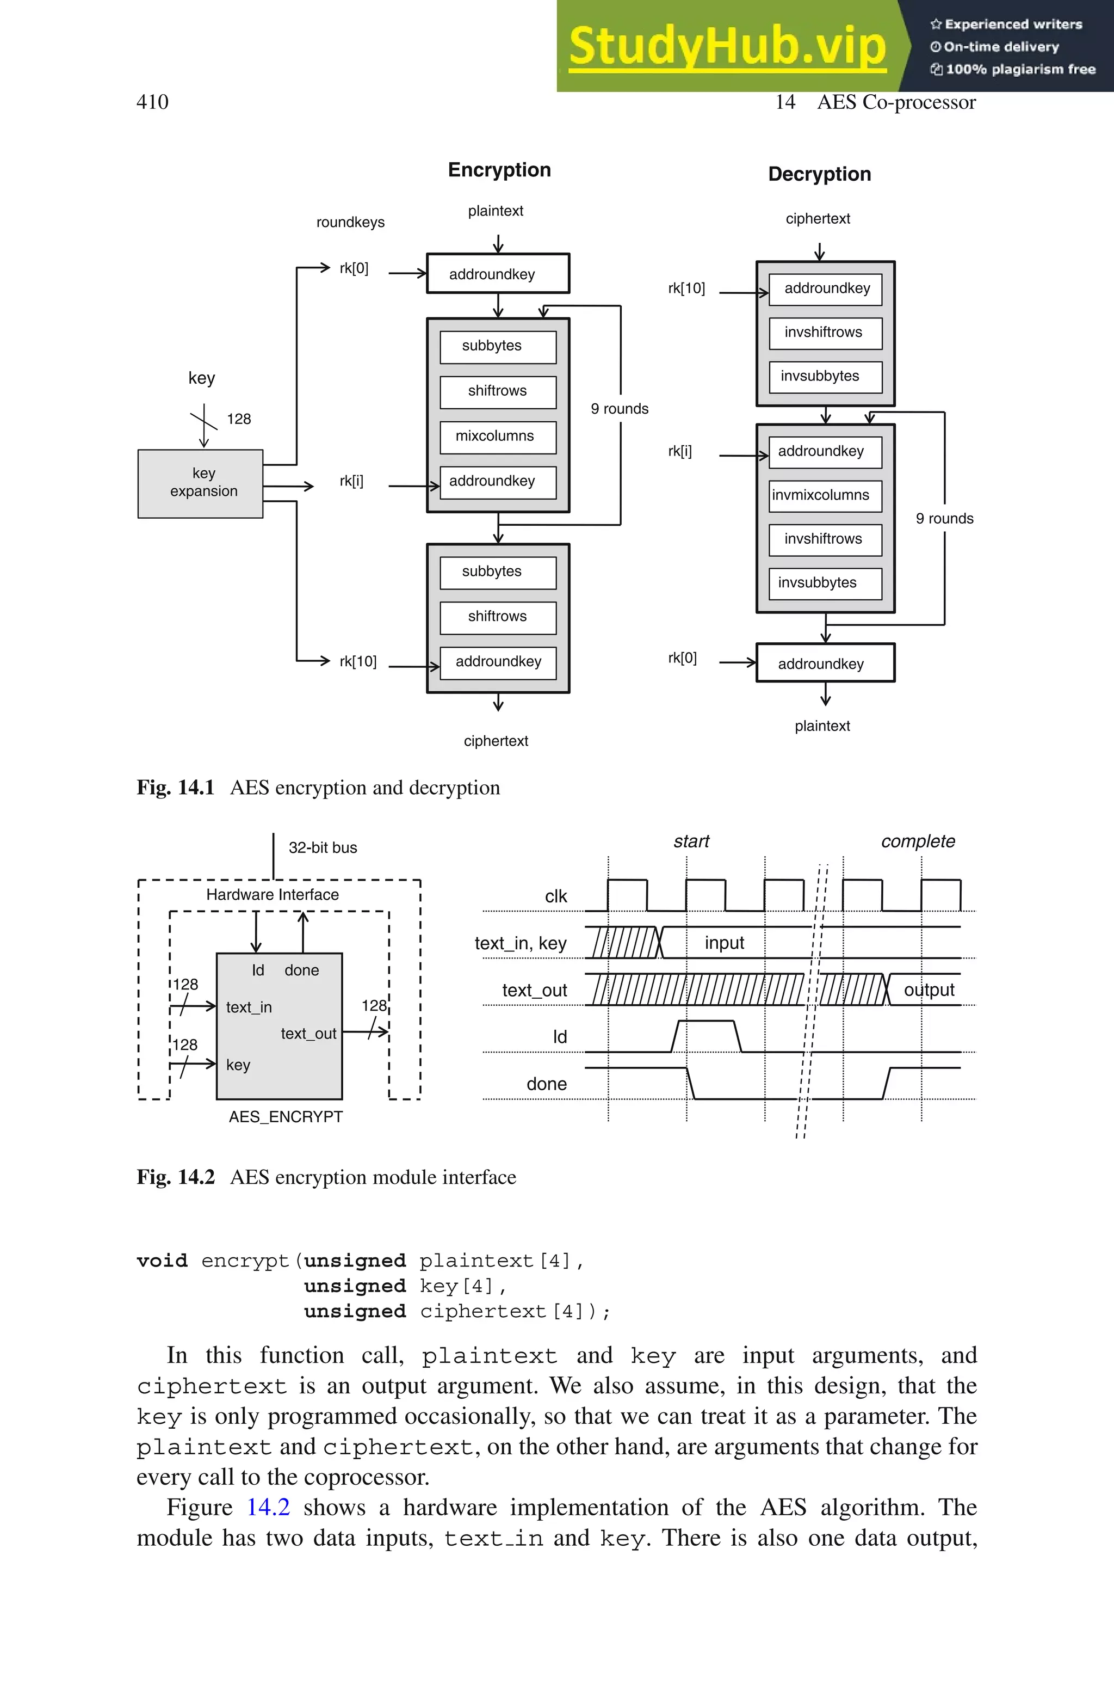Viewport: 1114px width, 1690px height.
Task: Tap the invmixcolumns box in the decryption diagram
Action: pyautogui.click(x=824, y=495)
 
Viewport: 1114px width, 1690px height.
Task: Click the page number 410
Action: pyautogui.click(x=152, y=102)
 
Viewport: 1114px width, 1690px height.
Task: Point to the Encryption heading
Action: pyautogui.click(x=499, y=170)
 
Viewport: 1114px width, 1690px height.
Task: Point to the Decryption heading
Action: pyautogui.click(x=819, y=174)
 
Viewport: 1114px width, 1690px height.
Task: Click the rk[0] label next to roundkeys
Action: pyautogui.click(x=354, y=269)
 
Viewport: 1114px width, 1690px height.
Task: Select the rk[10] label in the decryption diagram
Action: pyautogui.click(x=686, y=288)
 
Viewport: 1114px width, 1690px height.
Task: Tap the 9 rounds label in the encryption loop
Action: pyautogui.click(x=620, y=409)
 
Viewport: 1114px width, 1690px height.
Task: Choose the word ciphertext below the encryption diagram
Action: pyautogui.click(x=496, y=741)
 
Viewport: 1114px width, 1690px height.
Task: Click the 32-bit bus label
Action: pyautogui.click(x=323, y=848)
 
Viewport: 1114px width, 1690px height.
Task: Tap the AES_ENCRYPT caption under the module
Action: pyautogui.click(x=286, y=1117)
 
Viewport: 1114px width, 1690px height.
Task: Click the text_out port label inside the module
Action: pyautogui.click(x=308, y=1034)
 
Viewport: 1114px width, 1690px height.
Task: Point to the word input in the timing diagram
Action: pyautogui.click(x=724, y=943)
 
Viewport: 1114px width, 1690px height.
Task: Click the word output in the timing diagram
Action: pyautogui.click(x=929, y=990)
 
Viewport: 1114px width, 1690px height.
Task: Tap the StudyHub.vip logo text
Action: pyautogui.click(x=727, y=46)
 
